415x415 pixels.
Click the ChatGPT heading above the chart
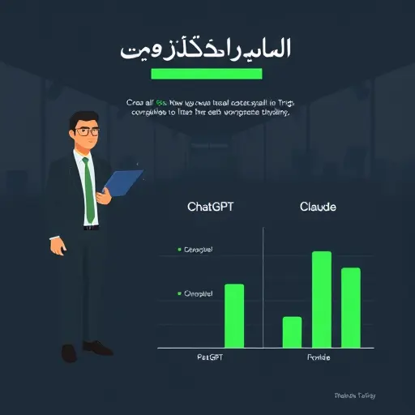210,207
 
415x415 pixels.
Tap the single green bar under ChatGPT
233,315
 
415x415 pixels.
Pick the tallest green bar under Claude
321,299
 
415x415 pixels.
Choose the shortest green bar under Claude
292,332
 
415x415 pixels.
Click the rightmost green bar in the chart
350,307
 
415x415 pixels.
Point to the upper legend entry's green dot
178,250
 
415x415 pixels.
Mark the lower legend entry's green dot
178,293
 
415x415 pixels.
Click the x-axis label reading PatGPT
210,357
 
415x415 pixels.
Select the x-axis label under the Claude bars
319,357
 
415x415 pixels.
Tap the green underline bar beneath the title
207,74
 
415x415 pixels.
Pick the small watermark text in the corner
354,396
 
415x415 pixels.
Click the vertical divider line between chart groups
263,288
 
